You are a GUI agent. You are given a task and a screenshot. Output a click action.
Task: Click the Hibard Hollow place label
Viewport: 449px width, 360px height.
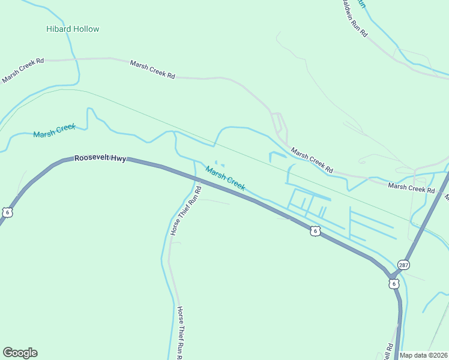tap(73, 29)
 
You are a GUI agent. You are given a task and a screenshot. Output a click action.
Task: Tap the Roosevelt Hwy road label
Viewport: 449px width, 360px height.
tap(100, 159)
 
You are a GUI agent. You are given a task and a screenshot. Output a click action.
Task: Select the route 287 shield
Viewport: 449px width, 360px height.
tap(403, 265)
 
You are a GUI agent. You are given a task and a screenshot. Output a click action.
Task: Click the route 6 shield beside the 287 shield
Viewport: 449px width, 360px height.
tap(393, 283)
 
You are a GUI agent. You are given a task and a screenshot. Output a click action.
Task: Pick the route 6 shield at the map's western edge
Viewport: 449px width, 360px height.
tap(7, 212)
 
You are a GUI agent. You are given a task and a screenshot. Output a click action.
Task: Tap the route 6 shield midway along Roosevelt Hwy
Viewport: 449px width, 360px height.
tap(315, 230)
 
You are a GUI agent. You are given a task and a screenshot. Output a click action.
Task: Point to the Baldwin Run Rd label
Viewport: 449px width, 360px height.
tap(354, 18)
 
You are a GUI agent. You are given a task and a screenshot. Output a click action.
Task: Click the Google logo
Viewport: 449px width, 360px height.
tap(20, 353)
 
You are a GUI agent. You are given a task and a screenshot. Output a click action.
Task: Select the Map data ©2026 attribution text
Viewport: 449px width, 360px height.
tap(423, 355)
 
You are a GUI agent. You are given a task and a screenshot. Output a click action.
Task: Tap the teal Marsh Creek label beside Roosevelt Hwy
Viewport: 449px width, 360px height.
tap(225, 178)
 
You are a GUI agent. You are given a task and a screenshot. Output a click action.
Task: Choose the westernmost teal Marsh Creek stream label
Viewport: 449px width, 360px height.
tap(54, 130)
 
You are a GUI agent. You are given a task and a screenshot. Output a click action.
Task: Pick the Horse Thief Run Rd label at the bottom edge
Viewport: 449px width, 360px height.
tap(179, 333)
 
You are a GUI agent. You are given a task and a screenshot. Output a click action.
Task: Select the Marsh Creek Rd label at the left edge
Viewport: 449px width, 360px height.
tap(23, 70)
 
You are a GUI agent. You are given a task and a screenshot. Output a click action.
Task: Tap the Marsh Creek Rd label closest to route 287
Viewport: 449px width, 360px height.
tap(411, 188)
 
